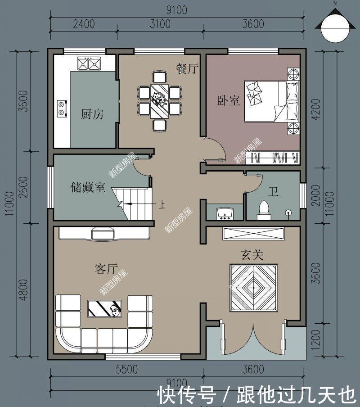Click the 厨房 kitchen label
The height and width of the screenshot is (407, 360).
coord(92,114)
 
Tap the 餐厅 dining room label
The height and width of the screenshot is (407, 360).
coord(187,69)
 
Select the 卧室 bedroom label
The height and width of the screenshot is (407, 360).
coord(229,100)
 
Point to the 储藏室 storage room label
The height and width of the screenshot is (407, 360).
coord(88,187)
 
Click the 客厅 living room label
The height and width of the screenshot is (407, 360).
coord(106,269)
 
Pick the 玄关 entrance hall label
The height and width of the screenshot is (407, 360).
coord(252,255)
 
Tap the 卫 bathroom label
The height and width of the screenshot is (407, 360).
coord(273,193)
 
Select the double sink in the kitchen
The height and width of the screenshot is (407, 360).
coord(88,64)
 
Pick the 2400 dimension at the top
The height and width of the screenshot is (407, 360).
coord(84,24)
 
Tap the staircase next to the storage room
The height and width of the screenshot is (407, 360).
coord(132,204)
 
